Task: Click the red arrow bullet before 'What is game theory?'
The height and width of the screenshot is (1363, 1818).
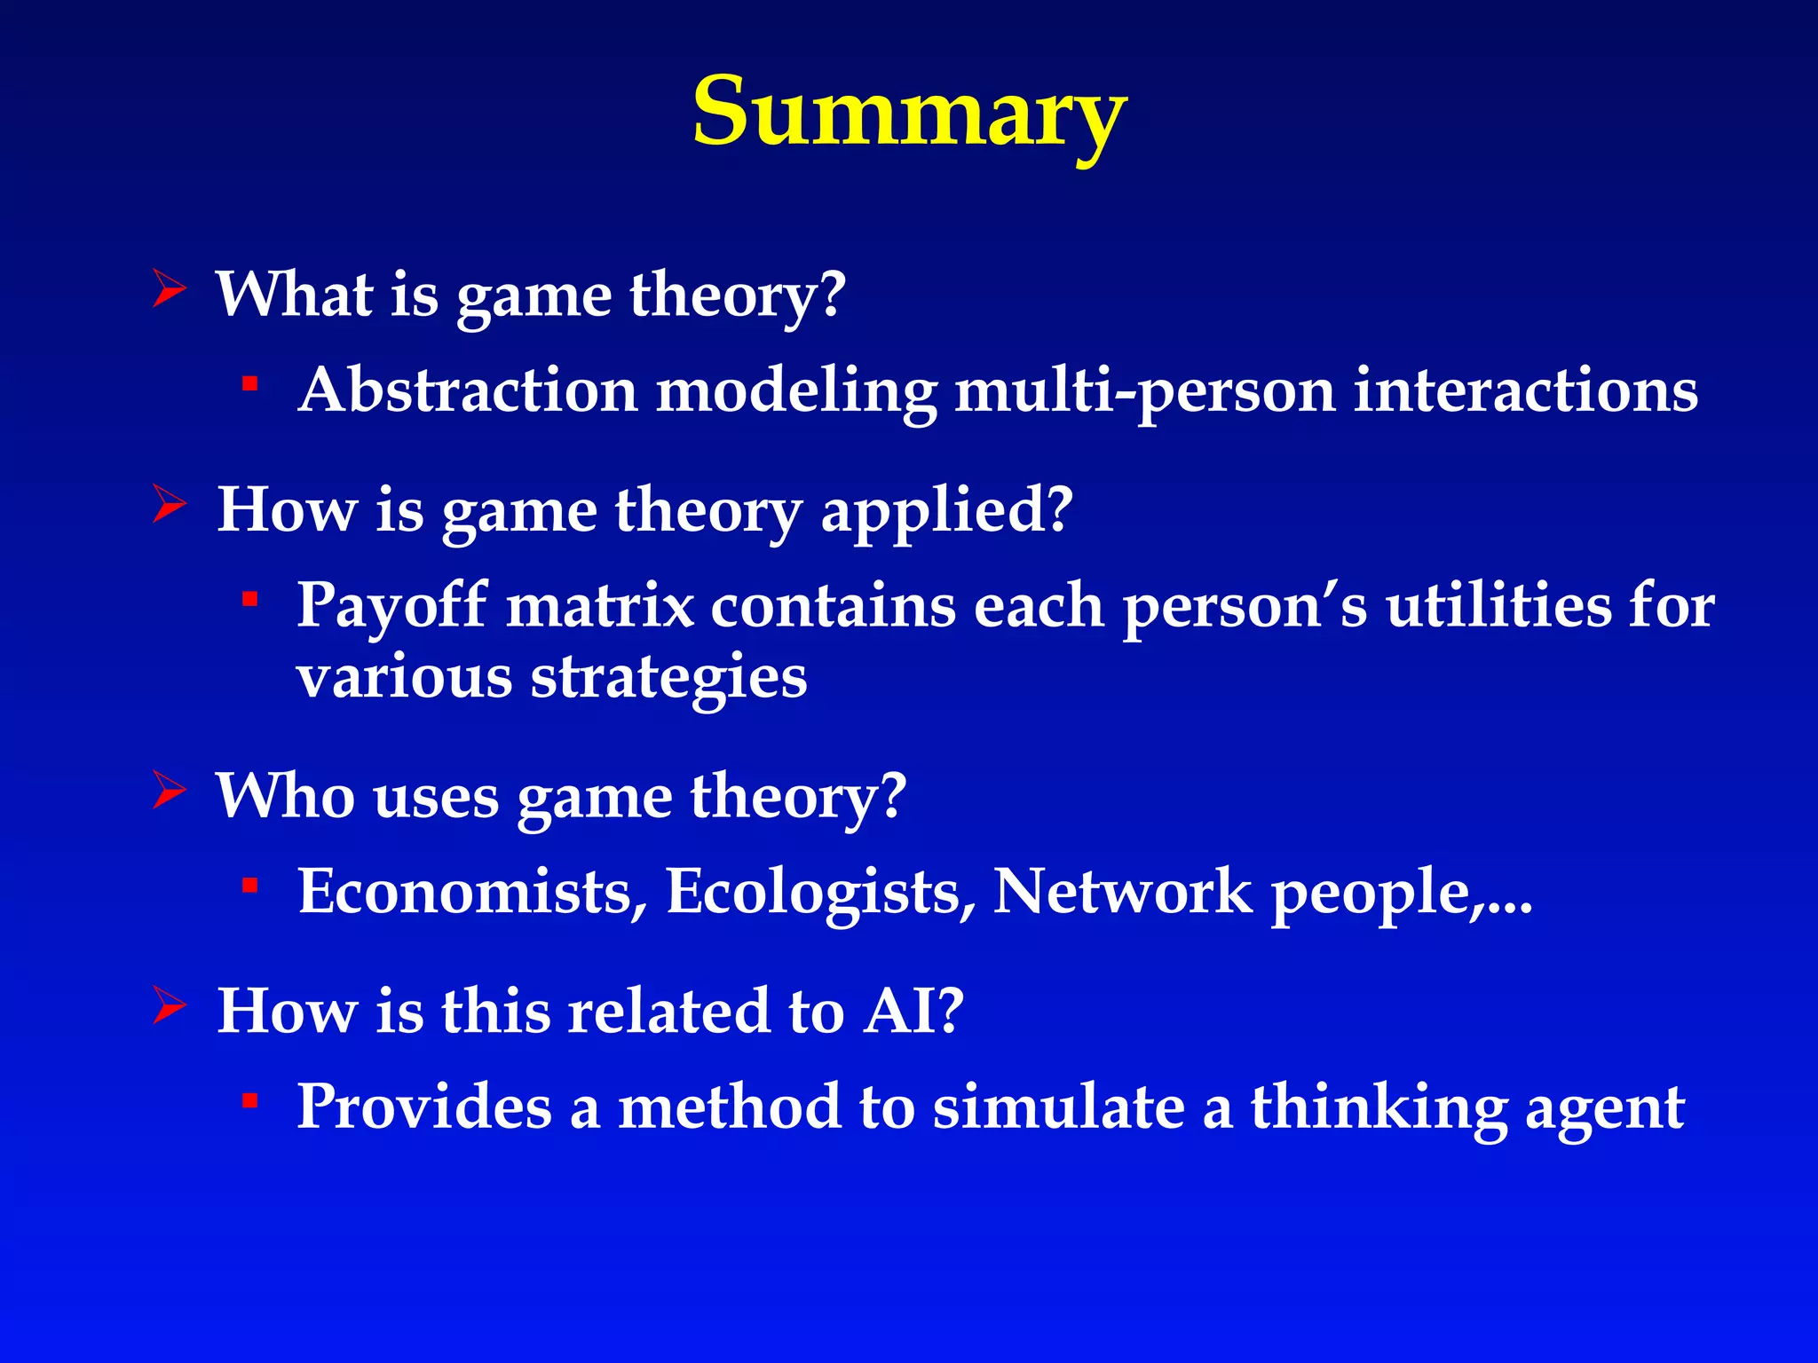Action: click(x=169, y=289)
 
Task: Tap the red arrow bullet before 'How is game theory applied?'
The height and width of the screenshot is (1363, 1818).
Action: click(x=169, y=504)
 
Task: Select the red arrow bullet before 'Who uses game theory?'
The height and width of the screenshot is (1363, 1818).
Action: click(x=169, y=790)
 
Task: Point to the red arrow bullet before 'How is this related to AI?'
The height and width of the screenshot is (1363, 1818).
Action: click(x=169, y=1005)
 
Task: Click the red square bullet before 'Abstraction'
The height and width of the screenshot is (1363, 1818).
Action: click(x=250, y=384)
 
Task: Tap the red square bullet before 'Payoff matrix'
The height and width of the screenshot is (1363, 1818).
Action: click(x=250, y=600)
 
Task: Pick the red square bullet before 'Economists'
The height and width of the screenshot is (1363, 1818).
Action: click(x=250, y=886)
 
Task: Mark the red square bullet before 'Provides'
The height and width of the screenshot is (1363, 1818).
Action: click(x=250, y=1101)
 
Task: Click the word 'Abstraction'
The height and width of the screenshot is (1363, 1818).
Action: click(x=468, y=390)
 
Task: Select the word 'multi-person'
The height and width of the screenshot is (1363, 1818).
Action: click(x=1144, y=392)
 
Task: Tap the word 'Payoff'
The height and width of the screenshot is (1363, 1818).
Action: click(x=391, y=607)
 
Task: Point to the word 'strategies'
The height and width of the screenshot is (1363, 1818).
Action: click(x=668, y=680)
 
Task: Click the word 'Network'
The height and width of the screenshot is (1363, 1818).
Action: click(x=1122, y=891)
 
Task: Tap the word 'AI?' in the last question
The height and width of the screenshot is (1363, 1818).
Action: click(x=913, y=1011)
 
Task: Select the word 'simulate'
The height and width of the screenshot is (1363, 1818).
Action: click(x=1058, y=1107)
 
